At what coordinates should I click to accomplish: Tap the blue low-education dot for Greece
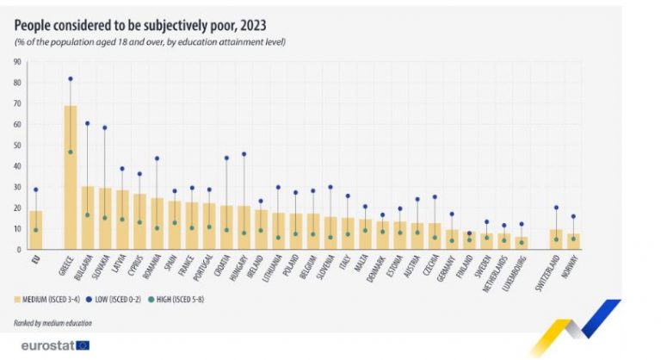click(x=71, y=78)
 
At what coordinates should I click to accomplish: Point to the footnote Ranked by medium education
click(x=53, y=322)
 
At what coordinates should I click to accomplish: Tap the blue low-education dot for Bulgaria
click(x=87, y=123)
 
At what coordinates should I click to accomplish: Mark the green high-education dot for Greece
click(x=71, y=152)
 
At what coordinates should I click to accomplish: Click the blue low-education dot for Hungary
click(x=244, y=154)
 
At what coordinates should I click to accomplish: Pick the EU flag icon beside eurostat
click(x=83, y=345)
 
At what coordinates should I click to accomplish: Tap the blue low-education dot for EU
click(x=35, y=189)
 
